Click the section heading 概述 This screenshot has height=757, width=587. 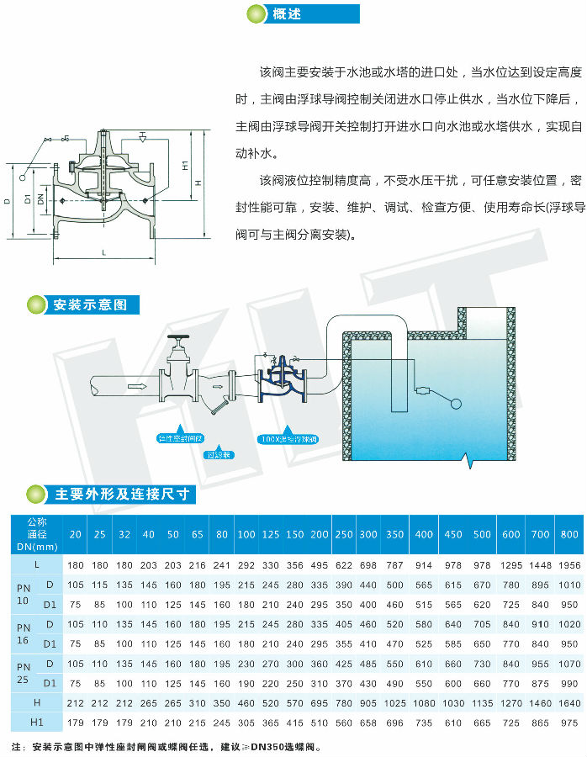pyautogui.click(x=286, y=14)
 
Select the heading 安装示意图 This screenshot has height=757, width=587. pyautogui.click(x=89, y=304)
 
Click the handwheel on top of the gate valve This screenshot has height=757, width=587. pyautogui.click(x=178, y=342)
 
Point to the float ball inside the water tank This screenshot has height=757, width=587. pyautogui.click(x=455, y=402)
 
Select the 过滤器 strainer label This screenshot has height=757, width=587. pyautogui.click(x=221, y=454)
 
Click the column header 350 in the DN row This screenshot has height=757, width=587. pyautogui.click(x=394, y=535)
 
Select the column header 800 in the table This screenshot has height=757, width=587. pyautogui.click(x=569, y=535)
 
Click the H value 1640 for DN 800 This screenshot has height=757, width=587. pyautogui.click(x=569, y=702)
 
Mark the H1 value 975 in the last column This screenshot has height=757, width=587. pyautogui.click(x=569, y=722)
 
